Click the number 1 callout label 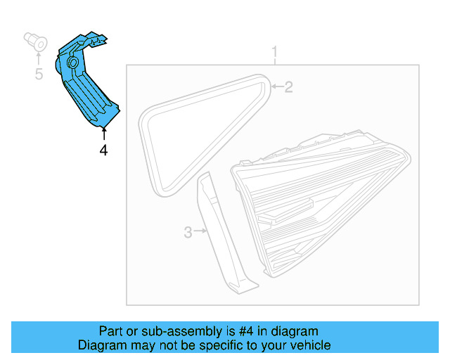click(x=276, y=52)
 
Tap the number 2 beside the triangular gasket click(x=288, y=87)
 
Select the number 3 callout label click(x=188, y=231)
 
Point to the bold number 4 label click(x=103, y=150)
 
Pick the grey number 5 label click(x=39, y=74)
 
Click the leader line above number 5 click(x=39, y=58)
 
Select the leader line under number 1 click(x=276, y=62)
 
